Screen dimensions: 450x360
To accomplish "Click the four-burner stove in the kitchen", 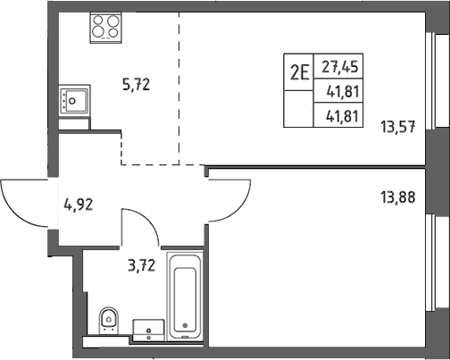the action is pos(105,28).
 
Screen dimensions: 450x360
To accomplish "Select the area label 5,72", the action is pos(136,85).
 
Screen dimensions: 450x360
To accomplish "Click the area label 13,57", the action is pos(398,127).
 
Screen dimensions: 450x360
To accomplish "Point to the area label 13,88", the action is pos(398,197).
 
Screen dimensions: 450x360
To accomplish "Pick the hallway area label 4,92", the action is pos(79,205).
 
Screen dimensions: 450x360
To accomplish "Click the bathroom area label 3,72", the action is pos(142,265).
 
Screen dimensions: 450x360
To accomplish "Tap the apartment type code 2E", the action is pos(299,72).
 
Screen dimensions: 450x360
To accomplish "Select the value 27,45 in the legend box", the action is pos(339,67).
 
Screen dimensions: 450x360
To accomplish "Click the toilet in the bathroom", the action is pos(109,321).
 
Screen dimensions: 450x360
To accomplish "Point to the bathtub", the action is pos(185,297).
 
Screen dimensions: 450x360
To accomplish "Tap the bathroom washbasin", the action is pos(148,331).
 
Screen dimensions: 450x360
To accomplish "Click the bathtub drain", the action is pos(185,325).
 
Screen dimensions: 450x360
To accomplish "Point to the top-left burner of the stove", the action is pos(98,20).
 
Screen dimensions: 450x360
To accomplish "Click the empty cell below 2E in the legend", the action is pos(298,109).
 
